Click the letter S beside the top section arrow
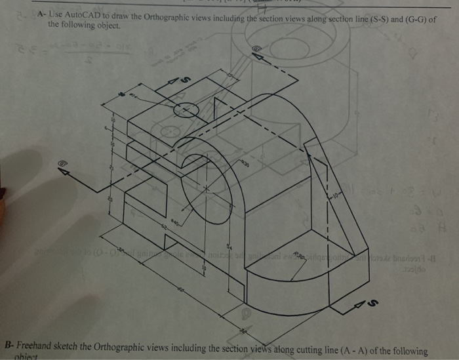(x=184, y=79)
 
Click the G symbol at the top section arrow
(x=256, y=48)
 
